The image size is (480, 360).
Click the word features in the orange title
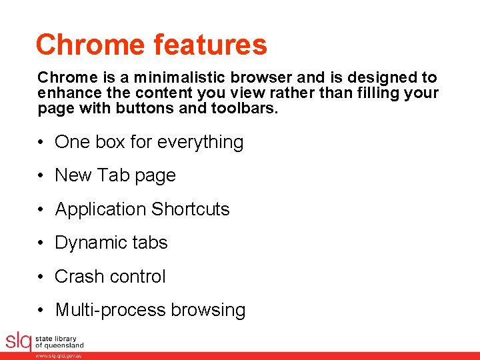[x=209, y=45]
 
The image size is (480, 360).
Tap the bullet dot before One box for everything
[x=41, y=143]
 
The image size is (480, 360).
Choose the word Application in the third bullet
[x=100, y=209]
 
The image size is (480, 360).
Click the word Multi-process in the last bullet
[x=110, y=310]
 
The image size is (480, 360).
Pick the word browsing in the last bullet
[x=208, y=311]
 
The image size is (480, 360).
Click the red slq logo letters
[x=18, y=341]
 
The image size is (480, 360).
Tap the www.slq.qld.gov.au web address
[x=59, y=356]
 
